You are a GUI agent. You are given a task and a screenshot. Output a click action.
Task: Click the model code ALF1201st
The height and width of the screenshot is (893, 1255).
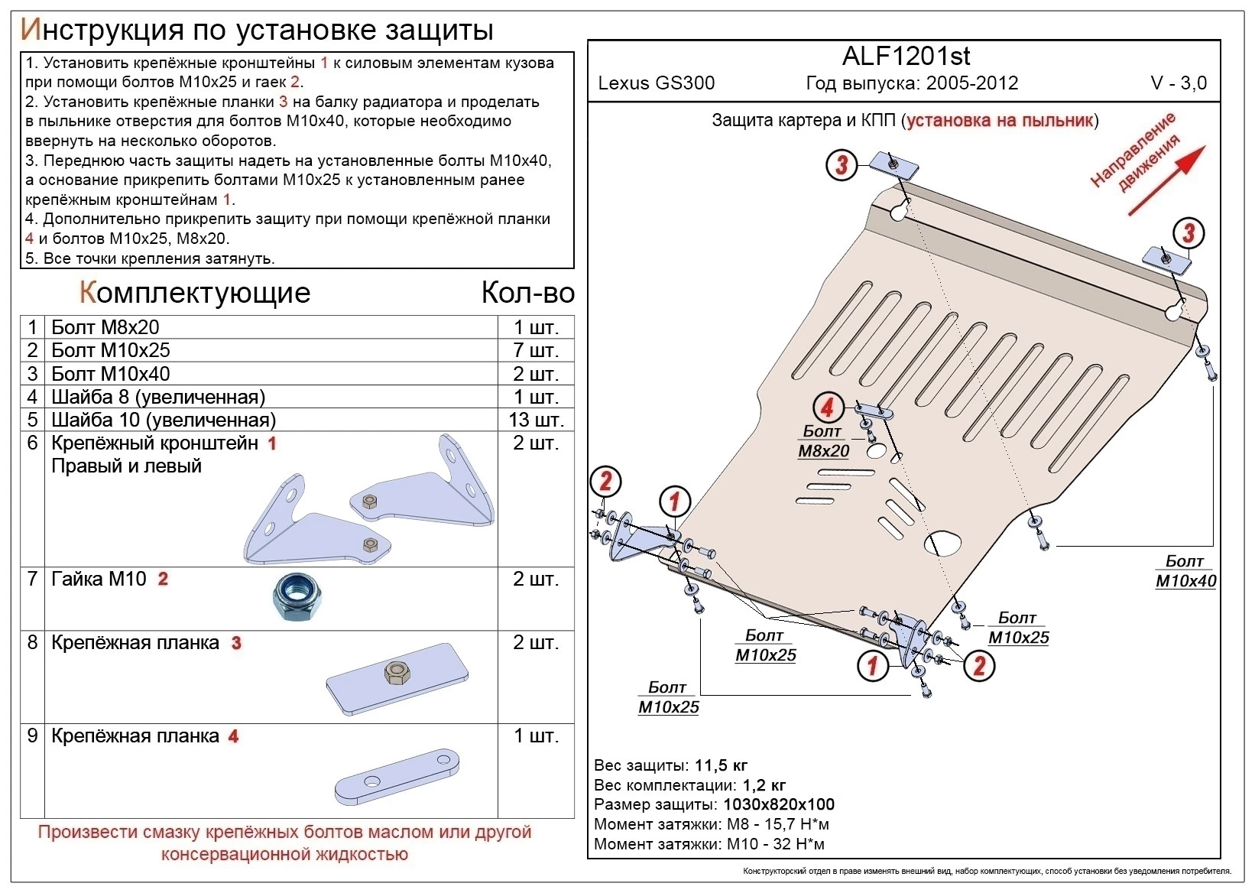point(906,57)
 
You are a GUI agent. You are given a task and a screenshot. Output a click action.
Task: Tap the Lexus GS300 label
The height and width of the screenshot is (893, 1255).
point(656,83)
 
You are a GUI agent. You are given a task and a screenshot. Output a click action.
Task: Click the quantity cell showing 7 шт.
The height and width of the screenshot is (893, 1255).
point(536,350)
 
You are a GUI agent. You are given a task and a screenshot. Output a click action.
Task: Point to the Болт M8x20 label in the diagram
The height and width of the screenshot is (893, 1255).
point(823,442)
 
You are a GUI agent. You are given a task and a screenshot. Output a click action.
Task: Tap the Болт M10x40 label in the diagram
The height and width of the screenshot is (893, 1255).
point(1185,572)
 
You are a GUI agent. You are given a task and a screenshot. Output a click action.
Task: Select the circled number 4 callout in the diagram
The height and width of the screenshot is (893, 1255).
point(827,408)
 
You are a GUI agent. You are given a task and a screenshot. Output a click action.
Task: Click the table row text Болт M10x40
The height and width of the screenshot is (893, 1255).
point(111,374)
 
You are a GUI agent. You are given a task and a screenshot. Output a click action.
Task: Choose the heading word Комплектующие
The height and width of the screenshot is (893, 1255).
point(195,293)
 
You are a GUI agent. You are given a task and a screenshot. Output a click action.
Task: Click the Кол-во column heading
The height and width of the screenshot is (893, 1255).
point(527,293)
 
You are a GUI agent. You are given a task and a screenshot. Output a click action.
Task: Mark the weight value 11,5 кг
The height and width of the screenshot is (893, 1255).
point(721,765)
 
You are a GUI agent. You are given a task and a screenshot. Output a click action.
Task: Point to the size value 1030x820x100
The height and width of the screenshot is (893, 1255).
point(778,804)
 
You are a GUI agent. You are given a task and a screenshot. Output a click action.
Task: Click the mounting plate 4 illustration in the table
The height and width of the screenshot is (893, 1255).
point(397,776)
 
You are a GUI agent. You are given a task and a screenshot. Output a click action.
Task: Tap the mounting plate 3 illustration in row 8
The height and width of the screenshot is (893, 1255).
point(397,676)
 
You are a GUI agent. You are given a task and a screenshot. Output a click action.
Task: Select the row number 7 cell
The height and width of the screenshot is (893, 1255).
point(32,579)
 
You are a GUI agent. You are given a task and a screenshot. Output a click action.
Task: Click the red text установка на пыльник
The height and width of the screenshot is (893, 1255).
point(1000,121)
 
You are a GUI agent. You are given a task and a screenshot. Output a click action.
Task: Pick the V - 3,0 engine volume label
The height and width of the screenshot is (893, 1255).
point(1179,83)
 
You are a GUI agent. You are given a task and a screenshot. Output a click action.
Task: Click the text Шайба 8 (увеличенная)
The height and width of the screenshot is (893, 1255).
point(158,397)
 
